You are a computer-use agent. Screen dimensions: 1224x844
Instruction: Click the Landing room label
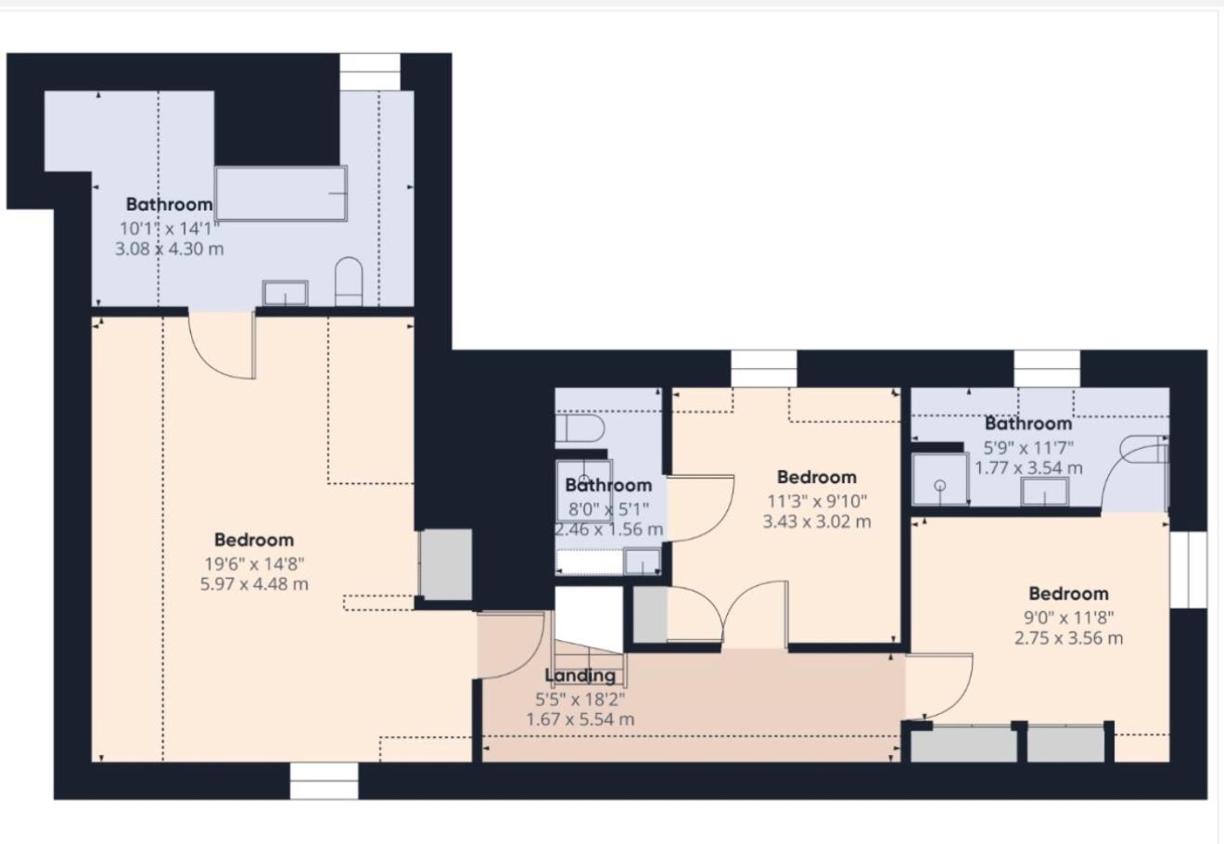point(580,675)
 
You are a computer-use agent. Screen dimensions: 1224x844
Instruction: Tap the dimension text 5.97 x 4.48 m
point(254,584)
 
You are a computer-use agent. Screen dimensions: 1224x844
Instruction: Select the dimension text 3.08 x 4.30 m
point(170,249)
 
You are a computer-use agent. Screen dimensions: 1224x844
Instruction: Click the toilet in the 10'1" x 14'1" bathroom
point(349,282)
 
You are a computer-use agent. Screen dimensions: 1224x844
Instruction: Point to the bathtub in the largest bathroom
point(281,194)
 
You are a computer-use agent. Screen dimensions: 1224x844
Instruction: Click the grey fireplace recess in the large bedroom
point(446,564)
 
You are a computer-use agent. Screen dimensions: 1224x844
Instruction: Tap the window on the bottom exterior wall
point(324,781)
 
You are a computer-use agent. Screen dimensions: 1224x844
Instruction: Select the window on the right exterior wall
point(1188,569)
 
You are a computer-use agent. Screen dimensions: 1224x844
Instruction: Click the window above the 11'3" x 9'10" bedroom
point(764,368)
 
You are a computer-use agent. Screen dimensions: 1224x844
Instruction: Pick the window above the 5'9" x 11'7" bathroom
point(1047,368)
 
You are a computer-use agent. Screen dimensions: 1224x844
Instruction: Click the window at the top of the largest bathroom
point(370,71)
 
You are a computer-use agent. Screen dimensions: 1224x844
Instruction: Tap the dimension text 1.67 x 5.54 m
point(580,720)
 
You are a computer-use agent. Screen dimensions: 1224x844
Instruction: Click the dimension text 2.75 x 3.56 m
point(1069,638)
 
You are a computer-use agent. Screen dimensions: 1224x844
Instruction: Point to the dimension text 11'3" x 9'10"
point(817,501)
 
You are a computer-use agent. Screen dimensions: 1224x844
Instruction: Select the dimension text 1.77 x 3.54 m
point(1029,468)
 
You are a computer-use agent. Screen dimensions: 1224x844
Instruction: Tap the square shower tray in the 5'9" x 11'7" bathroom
point(940,480)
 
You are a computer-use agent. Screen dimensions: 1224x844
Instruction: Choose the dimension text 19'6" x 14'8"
point(254,564)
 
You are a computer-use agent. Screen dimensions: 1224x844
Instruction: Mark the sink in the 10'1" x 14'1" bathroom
point(286,293)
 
